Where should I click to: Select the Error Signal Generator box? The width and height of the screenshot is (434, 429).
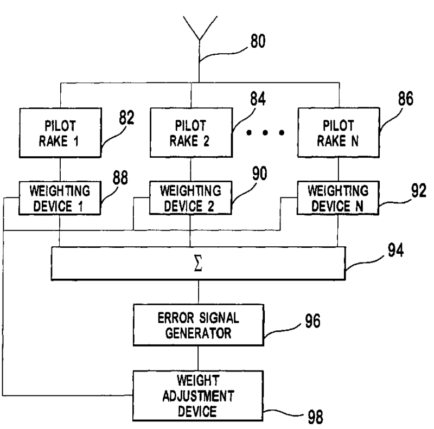tap(199, 311)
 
